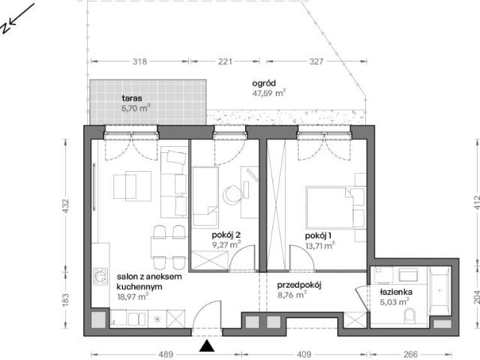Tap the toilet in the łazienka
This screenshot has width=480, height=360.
point(409,316)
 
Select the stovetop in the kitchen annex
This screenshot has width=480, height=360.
point(100,277)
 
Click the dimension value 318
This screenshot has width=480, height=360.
point(139,61)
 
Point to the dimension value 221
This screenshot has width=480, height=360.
point(225,61)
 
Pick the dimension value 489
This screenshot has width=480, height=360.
point(166,355)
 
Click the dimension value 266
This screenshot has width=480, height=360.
point(410,355)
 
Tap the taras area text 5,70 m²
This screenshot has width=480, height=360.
point(136,108)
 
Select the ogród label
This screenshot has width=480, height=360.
point(264,83)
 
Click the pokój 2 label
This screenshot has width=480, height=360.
point(226,235)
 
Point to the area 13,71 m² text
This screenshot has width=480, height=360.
point(319,245)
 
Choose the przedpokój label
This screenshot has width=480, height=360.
point(299,286)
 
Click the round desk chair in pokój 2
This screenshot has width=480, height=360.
point(231,195)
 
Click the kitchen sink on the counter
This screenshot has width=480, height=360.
point(136,319)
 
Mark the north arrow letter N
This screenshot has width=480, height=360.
point(5,28)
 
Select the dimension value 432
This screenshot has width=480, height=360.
point(66,206)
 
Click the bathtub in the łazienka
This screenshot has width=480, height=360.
point(440,290)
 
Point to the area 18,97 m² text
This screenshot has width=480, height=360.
point(133,297)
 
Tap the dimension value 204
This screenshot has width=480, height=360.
point(476,297)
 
